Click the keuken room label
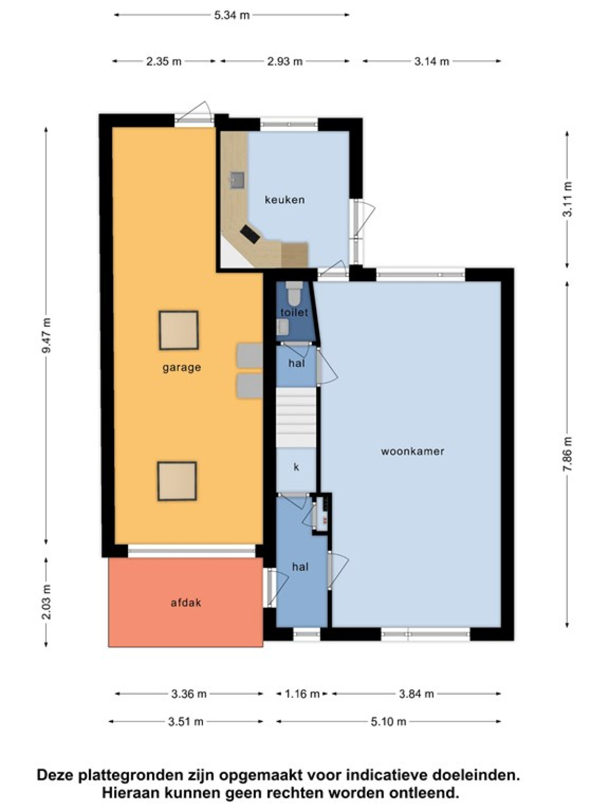[284, 200]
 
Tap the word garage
[182, 368]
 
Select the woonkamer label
[412, 451]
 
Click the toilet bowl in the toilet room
[295, 292]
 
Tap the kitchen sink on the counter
[238, 180]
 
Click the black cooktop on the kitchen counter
[250, 234]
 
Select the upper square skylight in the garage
[179, 330]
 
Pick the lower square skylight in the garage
[177, 481]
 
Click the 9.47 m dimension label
[47, 335]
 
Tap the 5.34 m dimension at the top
[232, 15]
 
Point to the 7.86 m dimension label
[567, 454]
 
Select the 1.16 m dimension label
[302, 694]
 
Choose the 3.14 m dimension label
[431, 61]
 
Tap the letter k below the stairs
[296, 467]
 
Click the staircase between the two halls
[296, 417]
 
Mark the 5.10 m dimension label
[388, 721]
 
